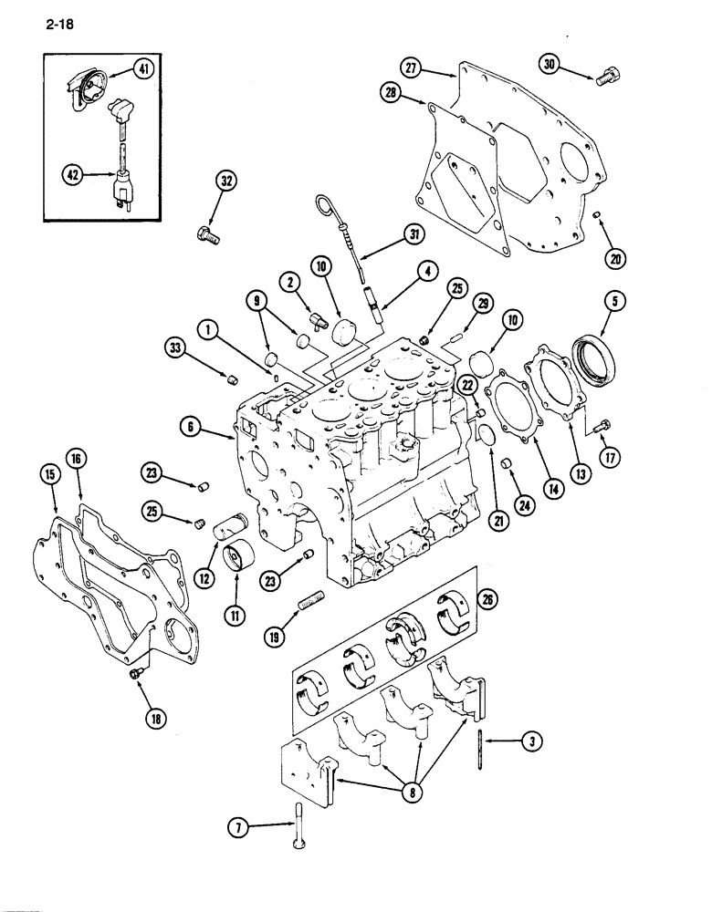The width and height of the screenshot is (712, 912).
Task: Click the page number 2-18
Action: [x=56, y=26]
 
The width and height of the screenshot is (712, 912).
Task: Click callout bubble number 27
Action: [x=412, y=67]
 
